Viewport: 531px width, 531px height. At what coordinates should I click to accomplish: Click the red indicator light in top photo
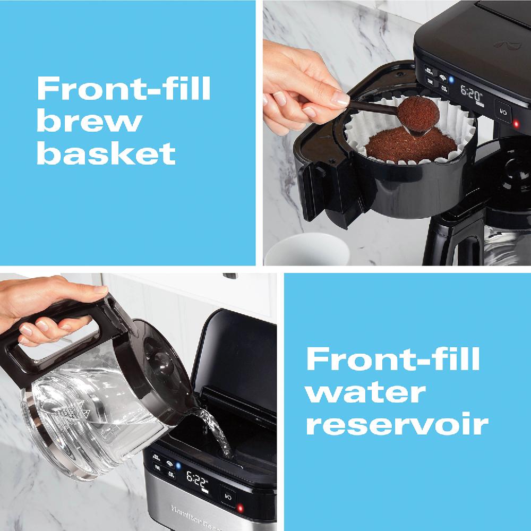click(x=515, y=124)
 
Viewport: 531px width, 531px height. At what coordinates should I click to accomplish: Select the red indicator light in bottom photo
click(x=239, y=509)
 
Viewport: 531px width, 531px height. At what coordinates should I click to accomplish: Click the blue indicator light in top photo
click(x=451, y=81)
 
